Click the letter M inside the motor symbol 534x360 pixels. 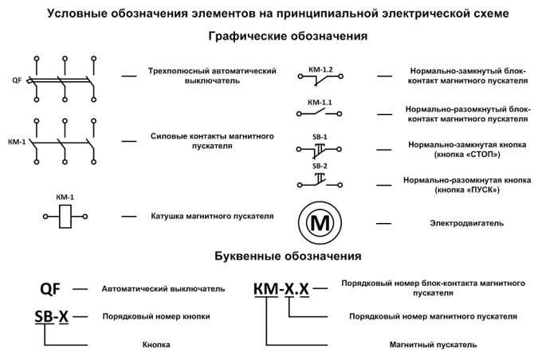point(320,223)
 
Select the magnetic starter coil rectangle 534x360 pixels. point(65,217)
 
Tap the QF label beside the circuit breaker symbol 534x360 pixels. point(17,80)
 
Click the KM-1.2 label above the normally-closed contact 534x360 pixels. point(320,70)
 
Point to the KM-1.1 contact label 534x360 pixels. point(320,103)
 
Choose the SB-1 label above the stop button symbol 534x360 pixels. point(320,137)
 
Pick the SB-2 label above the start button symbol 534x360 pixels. point(320,166)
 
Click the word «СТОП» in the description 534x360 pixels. point(480,155)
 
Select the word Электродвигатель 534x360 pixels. point(466,224)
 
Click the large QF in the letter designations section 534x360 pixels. point(50,289)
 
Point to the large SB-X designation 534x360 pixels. point(52,317)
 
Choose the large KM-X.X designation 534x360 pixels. point(281,289)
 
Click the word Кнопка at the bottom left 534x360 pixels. point(156,345)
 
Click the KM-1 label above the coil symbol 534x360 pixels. point(65,198)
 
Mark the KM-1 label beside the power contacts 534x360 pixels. point(17,142)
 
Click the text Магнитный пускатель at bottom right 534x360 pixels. point(433,345)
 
